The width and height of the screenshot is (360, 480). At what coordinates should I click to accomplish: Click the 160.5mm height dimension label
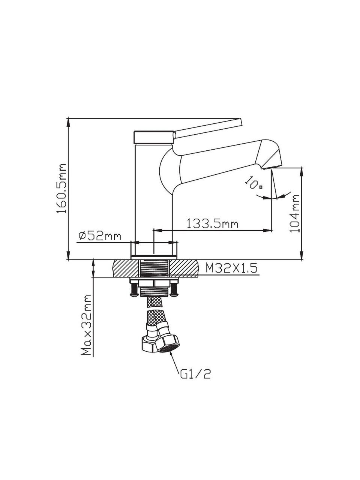click(x=61, y=188)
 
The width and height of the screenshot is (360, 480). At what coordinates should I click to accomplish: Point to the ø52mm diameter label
click(x=100, y=236)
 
